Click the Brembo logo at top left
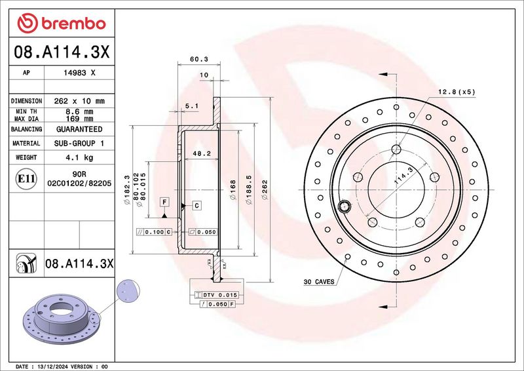click(x=62, y=24)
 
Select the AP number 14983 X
click(x=79, y=73)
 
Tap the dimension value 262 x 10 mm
click(x=79, y=101)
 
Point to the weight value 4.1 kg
click(x=79, y=157)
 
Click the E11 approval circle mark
click(x=26, y=179)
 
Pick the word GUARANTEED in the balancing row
click(x=79, y=129)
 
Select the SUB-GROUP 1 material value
click(x=79, y=143)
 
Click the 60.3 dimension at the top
click(x=199, y=59)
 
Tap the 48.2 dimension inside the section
click(x=202, y=153)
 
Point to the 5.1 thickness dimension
click(x=192, y=106)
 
